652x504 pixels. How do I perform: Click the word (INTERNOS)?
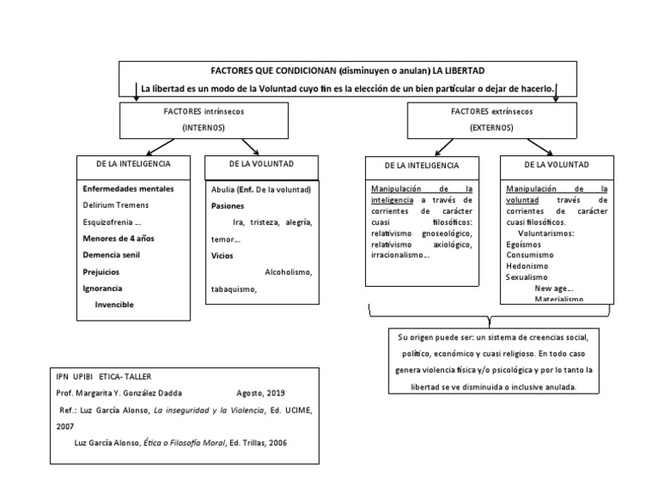pyautogui.click(x=203, y=126)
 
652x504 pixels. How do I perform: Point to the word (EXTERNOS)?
pyautogui.click(x=492, y=126)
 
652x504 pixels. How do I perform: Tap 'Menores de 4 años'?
pyautogui.click(x=119, y=238)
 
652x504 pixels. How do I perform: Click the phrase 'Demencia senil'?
pyautogui.click(x=111, y=255)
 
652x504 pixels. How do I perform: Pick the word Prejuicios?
pyautogui.click(x=101, y=272)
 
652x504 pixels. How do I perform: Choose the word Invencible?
pyautogui.click(x=115, y=305)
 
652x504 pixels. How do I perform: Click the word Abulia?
pyautogui.click(x=223, y=189)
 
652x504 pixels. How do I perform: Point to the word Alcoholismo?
pyautogui.click(x=289, y=272)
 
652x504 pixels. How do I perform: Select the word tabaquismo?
pyautogui.click(x=233, y=288)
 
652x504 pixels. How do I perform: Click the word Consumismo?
pyautogui.click(x=531, y=255)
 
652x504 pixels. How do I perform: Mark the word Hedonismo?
pyautogui.click(x=527, y=266)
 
